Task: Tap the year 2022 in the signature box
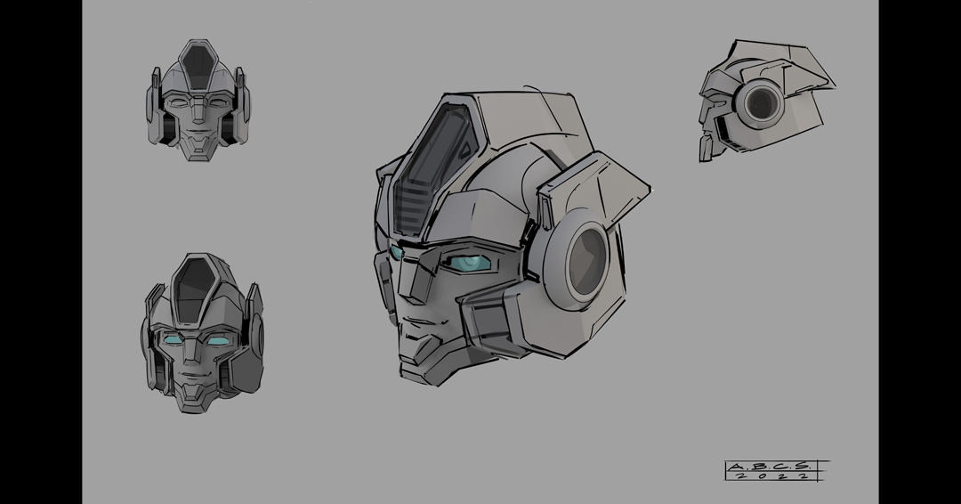tap(773, 476)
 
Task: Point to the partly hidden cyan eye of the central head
tap(395, 252)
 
